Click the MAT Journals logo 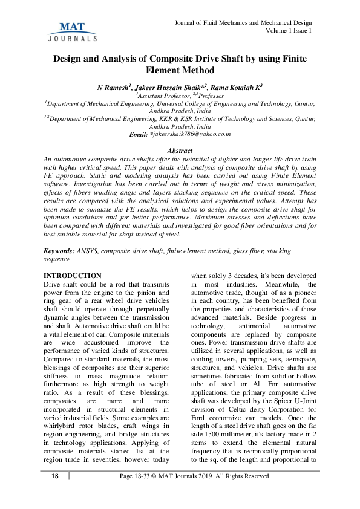pos(72,30)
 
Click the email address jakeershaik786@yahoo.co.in pos(191,134)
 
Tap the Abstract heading pos(180,149)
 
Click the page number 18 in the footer pos(55,493)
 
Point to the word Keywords pos(59,250)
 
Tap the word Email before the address pos(139,134)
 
